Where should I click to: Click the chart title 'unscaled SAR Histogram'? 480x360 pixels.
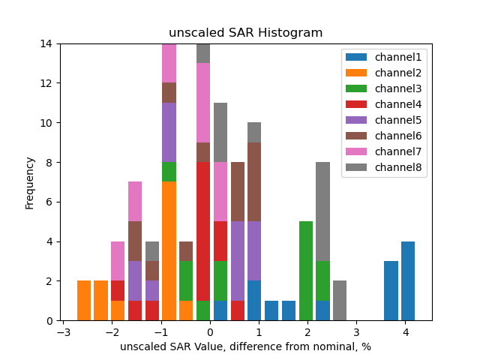245,33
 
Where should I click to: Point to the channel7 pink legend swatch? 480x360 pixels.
355,151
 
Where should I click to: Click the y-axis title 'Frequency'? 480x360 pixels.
30,182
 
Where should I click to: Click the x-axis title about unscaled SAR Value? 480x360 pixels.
245,346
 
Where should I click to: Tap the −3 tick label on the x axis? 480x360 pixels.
64,331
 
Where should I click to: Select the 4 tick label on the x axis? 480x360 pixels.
405,331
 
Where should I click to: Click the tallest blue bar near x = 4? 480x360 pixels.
408,281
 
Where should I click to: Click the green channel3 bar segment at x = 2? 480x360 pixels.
306,271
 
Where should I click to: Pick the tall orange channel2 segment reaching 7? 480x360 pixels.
169,251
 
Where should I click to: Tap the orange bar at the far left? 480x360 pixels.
84,301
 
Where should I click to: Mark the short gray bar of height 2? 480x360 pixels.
340,301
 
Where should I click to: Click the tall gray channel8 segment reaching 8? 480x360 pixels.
323,211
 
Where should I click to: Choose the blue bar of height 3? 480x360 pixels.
391,291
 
